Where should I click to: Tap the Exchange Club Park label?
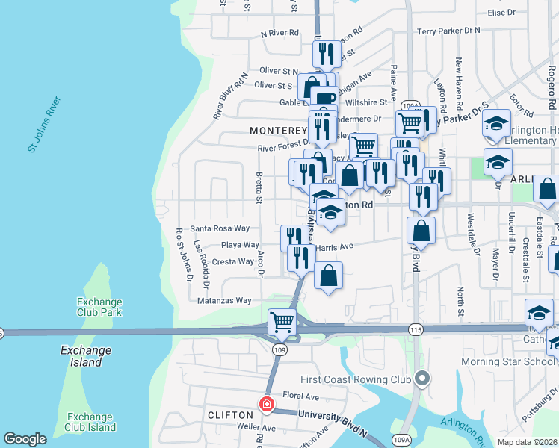(x=99, y=307)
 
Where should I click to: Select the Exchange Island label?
(x=86, y=356)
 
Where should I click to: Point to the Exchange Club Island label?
(x=91, y=422)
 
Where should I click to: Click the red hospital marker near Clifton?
(x=266, y=404)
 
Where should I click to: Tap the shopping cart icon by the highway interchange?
(x=282, y=323)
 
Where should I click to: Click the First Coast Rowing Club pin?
(x=422, y=379)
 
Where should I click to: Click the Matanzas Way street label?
(x=224, y=300)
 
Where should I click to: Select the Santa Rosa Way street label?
(x=220, y=228)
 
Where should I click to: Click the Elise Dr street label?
(x=501, y=13)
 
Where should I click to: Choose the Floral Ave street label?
(x=300, y=396)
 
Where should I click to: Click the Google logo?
(x=25, y=438)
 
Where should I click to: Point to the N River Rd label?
(x=279, y=34)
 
